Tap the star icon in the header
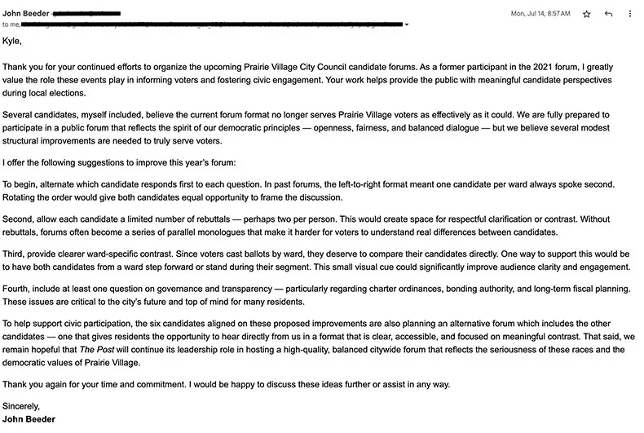click(x=587, y=14)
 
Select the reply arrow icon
click(x=608, y=14)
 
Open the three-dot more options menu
click(x=629, y=14)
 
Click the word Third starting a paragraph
click(x=15, y=254)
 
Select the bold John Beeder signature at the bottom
click(x=29, y=419)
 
